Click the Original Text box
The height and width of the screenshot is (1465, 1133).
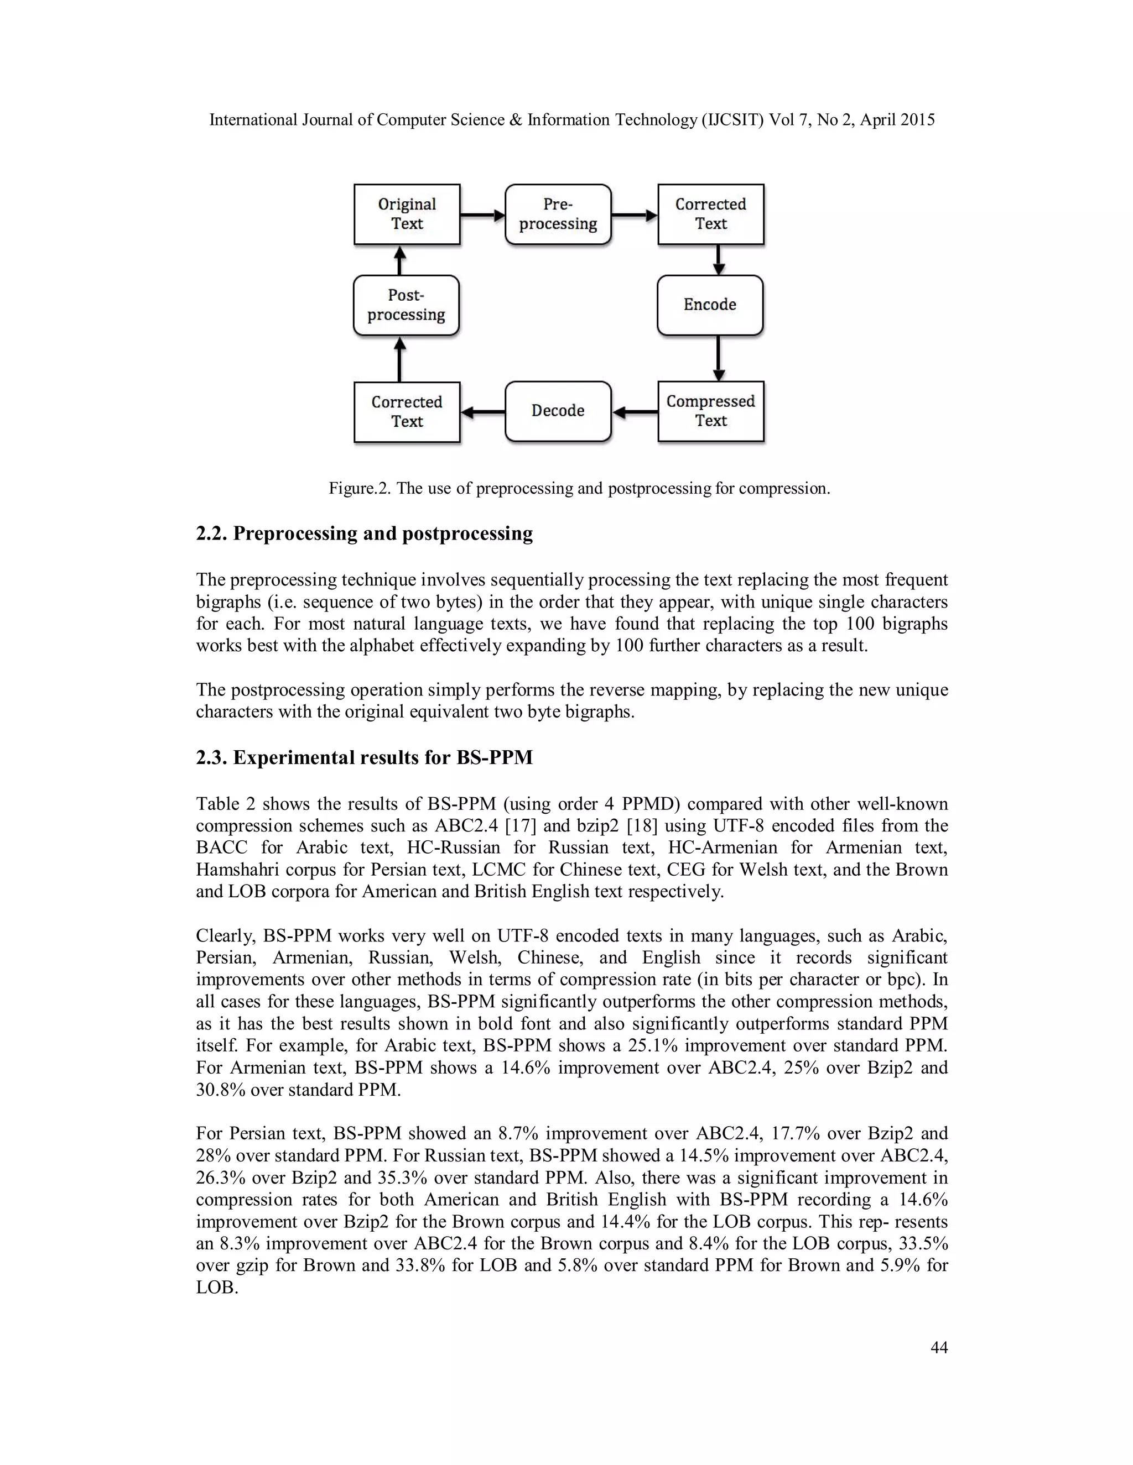point(407,214)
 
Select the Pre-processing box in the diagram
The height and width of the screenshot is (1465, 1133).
point(558,214)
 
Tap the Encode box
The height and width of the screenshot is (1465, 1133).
point(710,305)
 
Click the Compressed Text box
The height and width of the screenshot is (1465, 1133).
point(711,411)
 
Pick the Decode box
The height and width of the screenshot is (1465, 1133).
point(558,411)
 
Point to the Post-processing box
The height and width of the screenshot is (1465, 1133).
point(406,305)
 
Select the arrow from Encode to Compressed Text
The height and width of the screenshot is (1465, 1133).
point(718,358)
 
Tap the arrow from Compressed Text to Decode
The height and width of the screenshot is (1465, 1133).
point(635,412)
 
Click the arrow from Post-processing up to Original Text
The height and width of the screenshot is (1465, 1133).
point(400,260)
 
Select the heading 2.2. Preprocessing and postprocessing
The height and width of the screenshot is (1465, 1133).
point(364,534)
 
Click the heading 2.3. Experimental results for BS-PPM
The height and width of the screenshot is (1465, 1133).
point(364,758)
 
